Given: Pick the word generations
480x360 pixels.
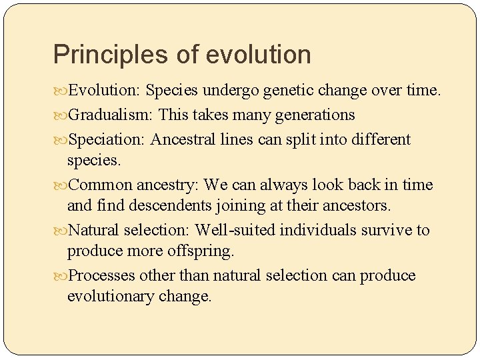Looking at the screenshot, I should [x=315, y=115].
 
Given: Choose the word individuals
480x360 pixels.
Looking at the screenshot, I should [x=317, y=230].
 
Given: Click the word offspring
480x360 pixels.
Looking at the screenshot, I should [x=201, y=251].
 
